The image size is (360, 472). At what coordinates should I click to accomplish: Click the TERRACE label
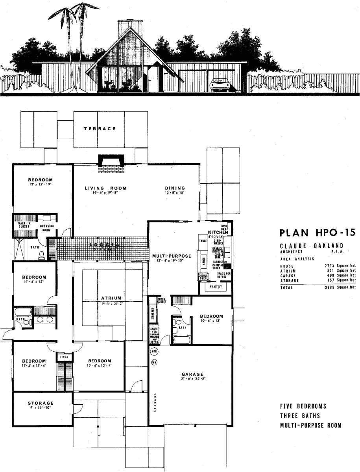point(100,129)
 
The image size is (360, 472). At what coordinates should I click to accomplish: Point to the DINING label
point(175,188)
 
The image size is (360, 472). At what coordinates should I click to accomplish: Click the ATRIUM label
point(111,298)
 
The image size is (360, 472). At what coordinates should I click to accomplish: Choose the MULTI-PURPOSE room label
point(172,256)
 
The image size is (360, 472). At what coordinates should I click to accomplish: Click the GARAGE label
point(192,374)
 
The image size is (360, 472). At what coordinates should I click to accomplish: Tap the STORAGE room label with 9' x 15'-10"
point(41,403)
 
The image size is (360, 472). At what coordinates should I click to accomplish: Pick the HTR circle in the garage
point(154,351)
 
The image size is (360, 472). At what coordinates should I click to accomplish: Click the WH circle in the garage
point(154,362)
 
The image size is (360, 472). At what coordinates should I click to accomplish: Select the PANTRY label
point(216,287)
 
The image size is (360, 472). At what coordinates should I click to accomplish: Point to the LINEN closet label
point(65,357)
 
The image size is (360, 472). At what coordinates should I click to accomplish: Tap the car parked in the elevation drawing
point(220,84)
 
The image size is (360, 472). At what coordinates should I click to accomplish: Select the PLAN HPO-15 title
point(317,232)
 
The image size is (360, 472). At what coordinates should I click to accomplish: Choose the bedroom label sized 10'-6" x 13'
point(211,316)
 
